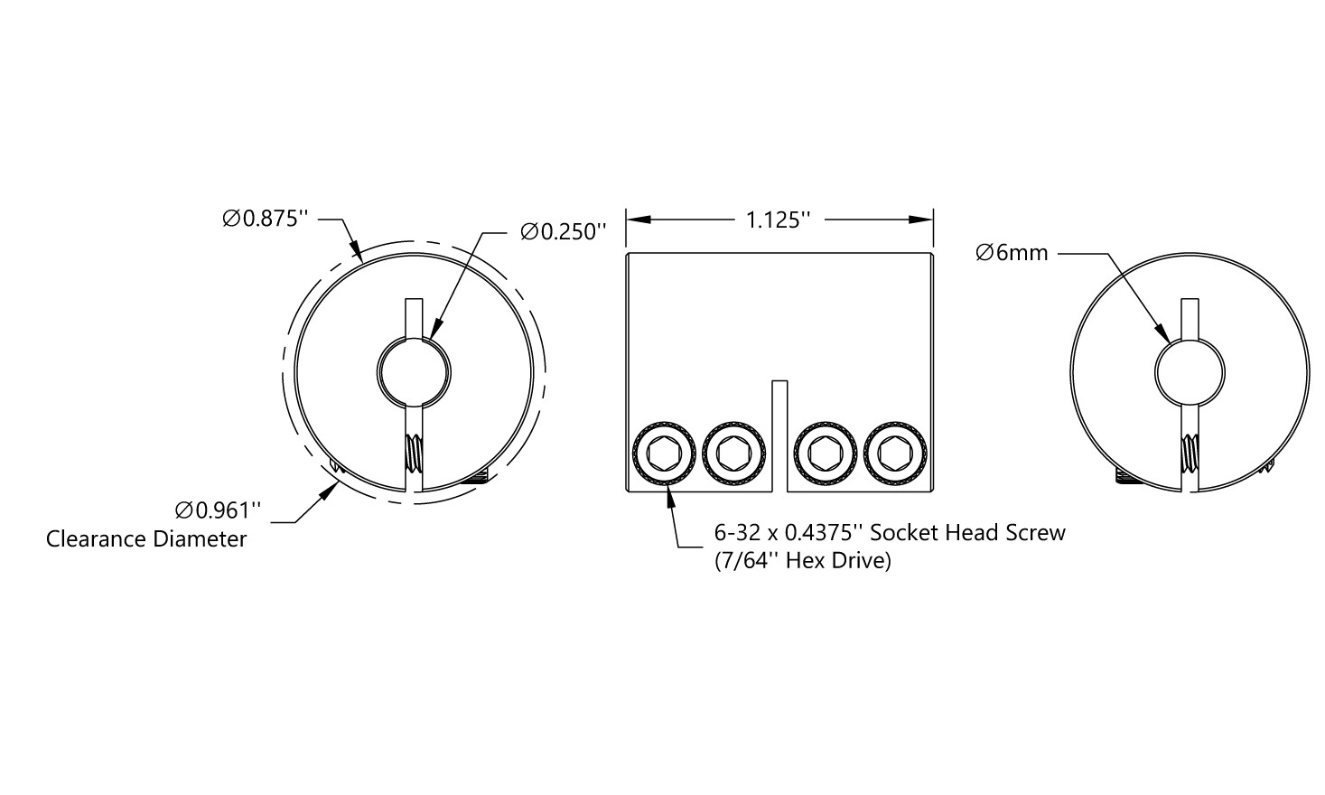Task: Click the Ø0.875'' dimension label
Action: (x=266, y=219)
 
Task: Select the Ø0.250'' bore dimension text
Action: (x=563, y=231)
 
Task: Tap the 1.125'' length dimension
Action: (x=778, y=220)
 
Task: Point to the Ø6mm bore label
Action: (x=1012, y=253)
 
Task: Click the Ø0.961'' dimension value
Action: (x=218, y=510)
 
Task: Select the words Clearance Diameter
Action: (x=146, y=538)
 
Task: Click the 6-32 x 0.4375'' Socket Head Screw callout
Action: (x=890, y=533)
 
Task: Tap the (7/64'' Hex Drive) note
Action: (x=803, y=561)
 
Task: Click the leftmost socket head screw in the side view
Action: (x=664, y=454)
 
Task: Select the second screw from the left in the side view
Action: (x=734, y=454)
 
